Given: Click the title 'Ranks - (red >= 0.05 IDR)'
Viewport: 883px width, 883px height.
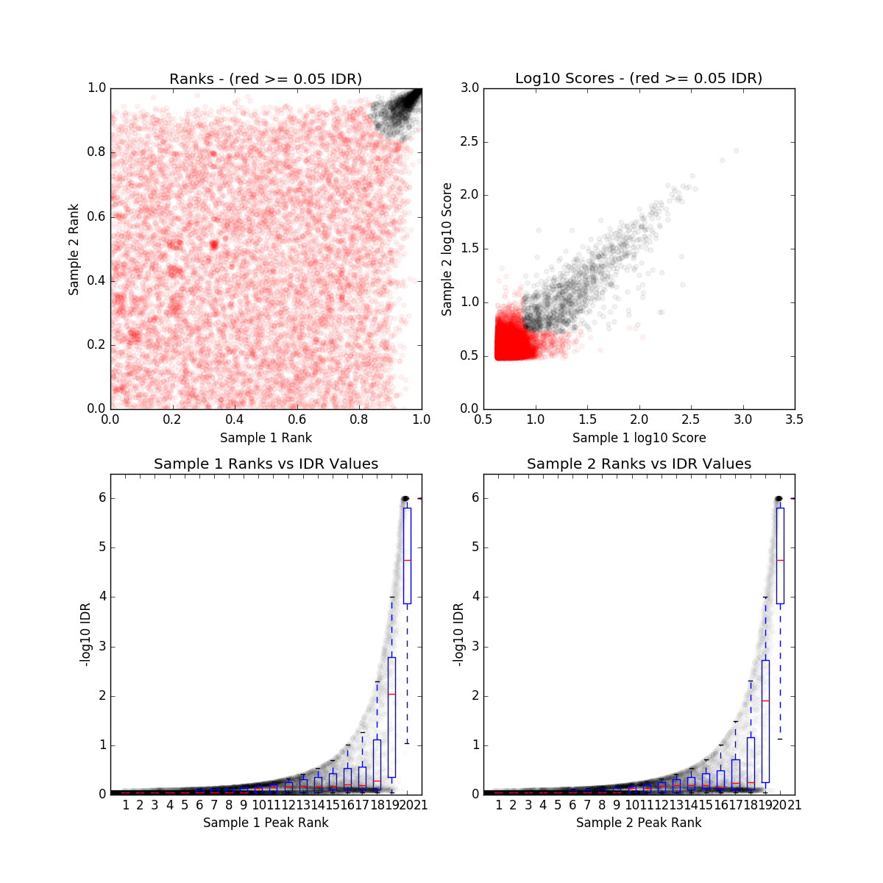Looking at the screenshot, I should point(266,79).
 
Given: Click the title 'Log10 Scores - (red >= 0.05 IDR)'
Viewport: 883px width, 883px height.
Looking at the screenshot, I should point(639,78).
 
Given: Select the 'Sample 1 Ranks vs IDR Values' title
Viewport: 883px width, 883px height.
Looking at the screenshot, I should point(266,464).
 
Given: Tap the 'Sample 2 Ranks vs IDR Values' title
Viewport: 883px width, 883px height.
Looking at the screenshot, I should point(639,464).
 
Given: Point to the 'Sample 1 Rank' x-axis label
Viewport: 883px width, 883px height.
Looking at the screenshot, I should point(266,438).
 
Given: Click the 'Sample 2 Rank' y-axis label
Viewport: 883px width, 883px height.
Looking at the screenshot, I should point(74,250).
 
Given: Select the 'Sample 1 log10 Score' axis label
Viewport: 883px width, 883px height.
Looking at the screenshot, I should point(639,438).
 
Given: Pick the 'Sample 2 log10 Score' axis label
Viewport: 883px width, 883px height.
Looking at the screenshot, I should point(447,250).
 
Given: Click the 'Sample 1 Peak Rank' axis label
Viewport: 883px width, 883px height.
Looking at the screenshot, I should point(266,822).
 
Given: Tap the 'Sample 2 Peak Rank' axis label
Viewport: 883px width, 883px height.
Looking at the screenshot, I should point(639,822).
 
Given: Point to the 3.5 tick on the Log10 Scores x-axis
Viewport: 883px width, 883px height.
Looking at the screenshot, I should point(794,419).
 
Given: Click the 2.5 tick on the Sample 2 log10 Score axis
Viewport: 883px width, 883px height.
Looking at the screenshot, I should point(469,141).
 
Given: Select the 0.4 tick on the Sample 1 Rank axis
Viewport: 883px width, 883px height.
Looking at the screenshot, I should point(235,419).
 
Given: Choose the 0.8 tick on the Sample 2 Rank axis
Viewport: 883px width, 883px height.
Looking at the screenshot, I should point(96,152).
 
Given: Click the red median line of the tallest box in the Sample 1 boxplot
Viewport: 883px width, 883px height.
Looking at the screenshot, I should point(407,560).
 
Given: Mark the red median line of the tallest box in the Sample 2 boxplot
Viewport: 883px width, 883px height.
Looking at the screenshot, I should point(780,560).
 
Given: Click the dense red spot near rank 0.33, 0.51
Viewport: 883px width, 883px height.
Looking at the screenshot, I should point(213,244).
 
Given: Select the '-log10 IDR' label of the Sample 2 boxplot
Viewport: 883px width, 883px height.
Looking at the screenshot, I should point(458,634).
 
